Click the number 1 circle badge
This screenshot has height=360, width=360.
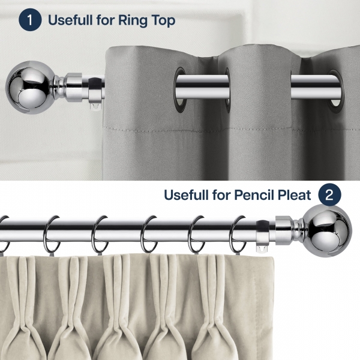30,20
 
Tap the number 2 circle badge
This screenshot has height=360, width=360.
329,194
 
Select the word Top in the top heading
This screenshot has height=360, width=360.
163,20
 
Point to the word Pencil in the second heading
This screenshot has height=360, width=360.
254,195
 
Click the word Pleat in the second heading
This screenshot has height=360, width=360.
295,195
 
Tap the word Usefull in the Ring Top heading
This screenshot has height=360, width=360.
70,20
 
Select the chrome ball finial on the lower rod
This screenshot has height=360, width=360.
327,230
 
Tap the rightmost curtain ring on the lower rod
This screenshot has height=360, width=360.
238,234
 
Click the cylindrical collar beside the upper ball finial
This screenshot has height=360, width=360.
74,87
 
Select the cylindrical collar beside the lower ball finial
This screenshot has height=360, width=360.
284,230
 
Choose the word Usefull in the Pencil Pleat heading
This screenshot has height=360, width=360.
186,195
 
